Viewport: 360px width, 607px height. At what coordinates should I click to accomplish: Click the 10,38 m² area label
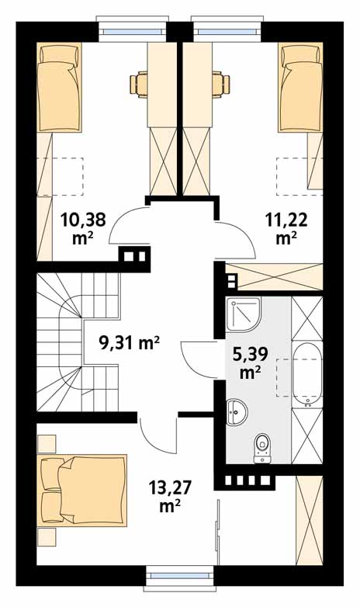[83, 228]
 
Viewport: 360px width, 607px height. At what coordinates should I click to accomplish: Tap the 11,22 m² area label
[286, 228]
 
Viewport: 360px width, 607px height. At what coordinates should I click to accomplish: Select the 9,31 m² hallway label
[130, 342]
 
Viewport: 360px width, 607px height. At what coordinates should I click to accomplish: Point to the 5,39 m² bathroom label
[251, 362]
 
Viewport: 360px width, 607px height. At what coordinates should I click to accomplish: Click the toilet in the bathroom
[262, 448]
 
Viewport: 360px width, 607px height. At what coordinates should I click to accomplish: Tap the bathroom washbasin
[237, 412]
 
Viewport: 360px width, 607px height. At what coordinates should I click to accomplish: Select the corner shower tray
[244, 314]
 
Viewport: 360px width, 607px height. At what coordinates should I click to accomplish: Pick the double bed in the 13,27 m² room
[82, 491]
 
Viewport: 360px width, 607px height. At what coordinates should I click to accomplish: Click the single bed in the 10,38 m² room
[59, 87]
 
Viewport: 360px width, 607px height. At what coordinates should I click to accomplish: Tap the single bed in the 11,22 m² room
[300, 87]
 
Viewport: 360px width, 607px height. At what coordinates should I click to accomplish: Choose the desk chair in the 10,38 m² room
[139, 83]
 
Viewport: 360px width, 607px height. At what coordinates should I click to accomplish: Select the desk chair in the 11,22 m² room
[221, 83]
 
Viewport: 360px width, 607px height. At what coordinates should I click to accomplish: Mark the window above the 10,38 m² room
[133, 29]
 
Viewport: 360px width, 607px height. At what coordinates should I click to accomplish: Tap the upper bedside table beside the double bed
[47, 444]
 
